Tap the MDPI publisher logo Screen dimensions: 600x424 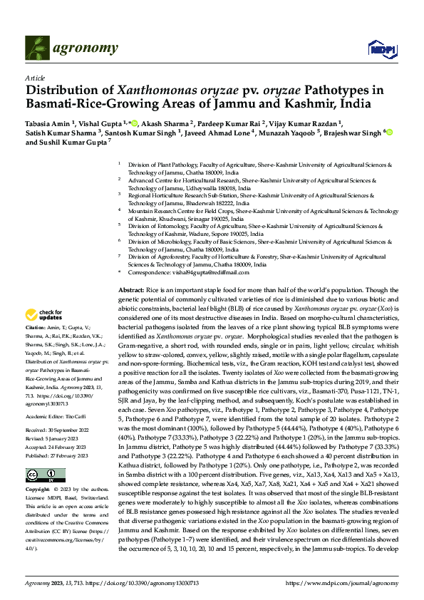coord(378,49)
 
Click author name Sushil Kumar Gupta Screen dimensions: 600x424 coord(75,142)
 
